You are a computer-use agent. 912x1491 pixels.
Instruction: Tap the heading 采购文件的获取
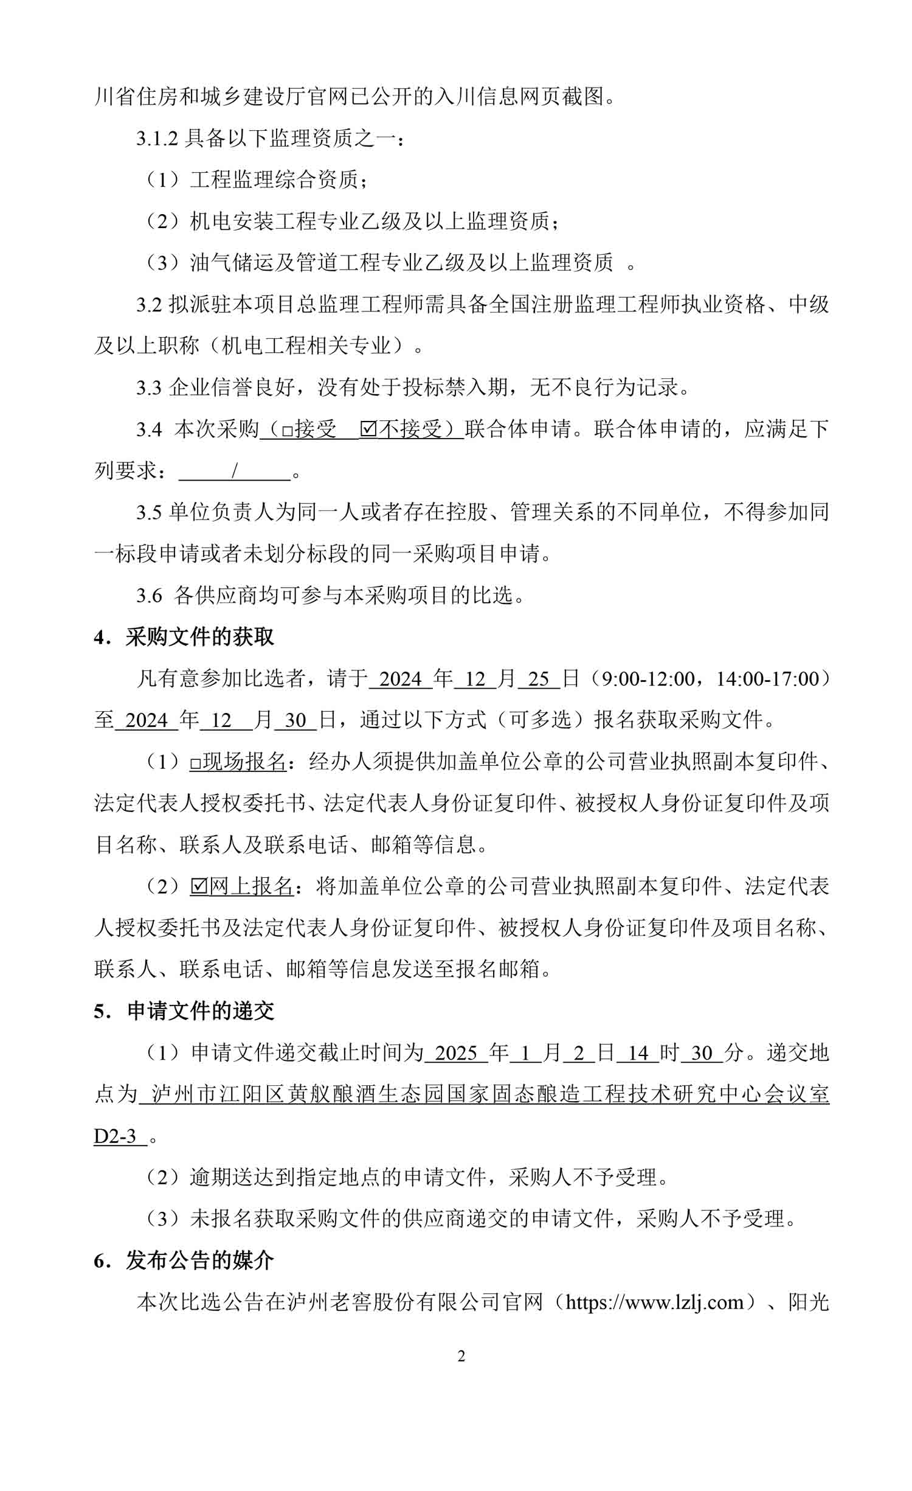[199, 637]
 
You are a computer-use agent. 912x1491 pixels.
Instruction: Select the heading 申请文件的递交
[201, 1011]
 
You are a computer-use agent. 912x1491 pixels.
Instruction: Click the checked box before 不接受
[368, 429]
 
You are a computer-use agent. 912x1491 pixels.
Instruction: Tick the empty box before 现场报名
[195, 763]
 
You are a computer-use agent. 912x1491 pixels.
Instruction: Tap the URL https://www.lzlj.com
[655, 1302]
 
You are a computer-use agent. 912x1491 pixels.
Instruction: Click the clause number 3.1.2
[157, 139]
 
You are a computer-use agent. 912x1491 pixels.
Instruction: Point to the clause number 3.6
[149, 596]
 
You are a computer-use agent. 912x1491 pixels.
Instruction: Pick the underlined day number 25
[539, 679]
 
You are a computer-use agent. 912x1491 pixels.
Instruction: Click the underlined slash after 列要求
[234, 471]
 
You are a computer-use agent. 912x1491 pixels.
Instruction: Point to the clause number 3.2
[149, 305]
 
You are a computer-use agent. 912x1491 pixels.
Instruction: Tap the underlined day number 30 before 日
[295, 720]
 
